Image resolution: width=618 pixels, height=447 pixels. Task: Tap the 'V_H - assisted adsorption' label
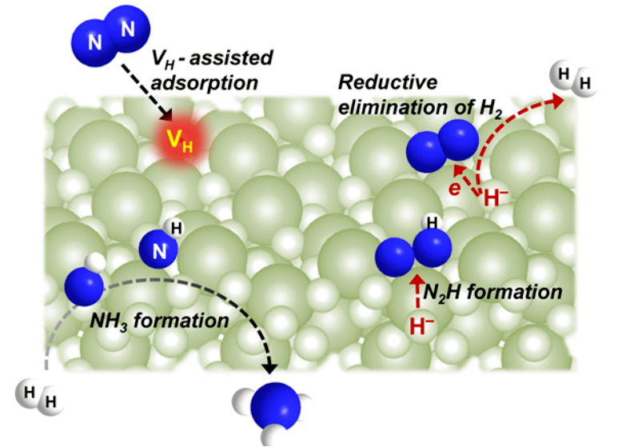pyautogui.click(x=211, y=70)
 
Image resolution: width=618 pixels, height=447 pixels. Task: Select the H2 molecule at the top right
pyautogui.click(x=571, y=80)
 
